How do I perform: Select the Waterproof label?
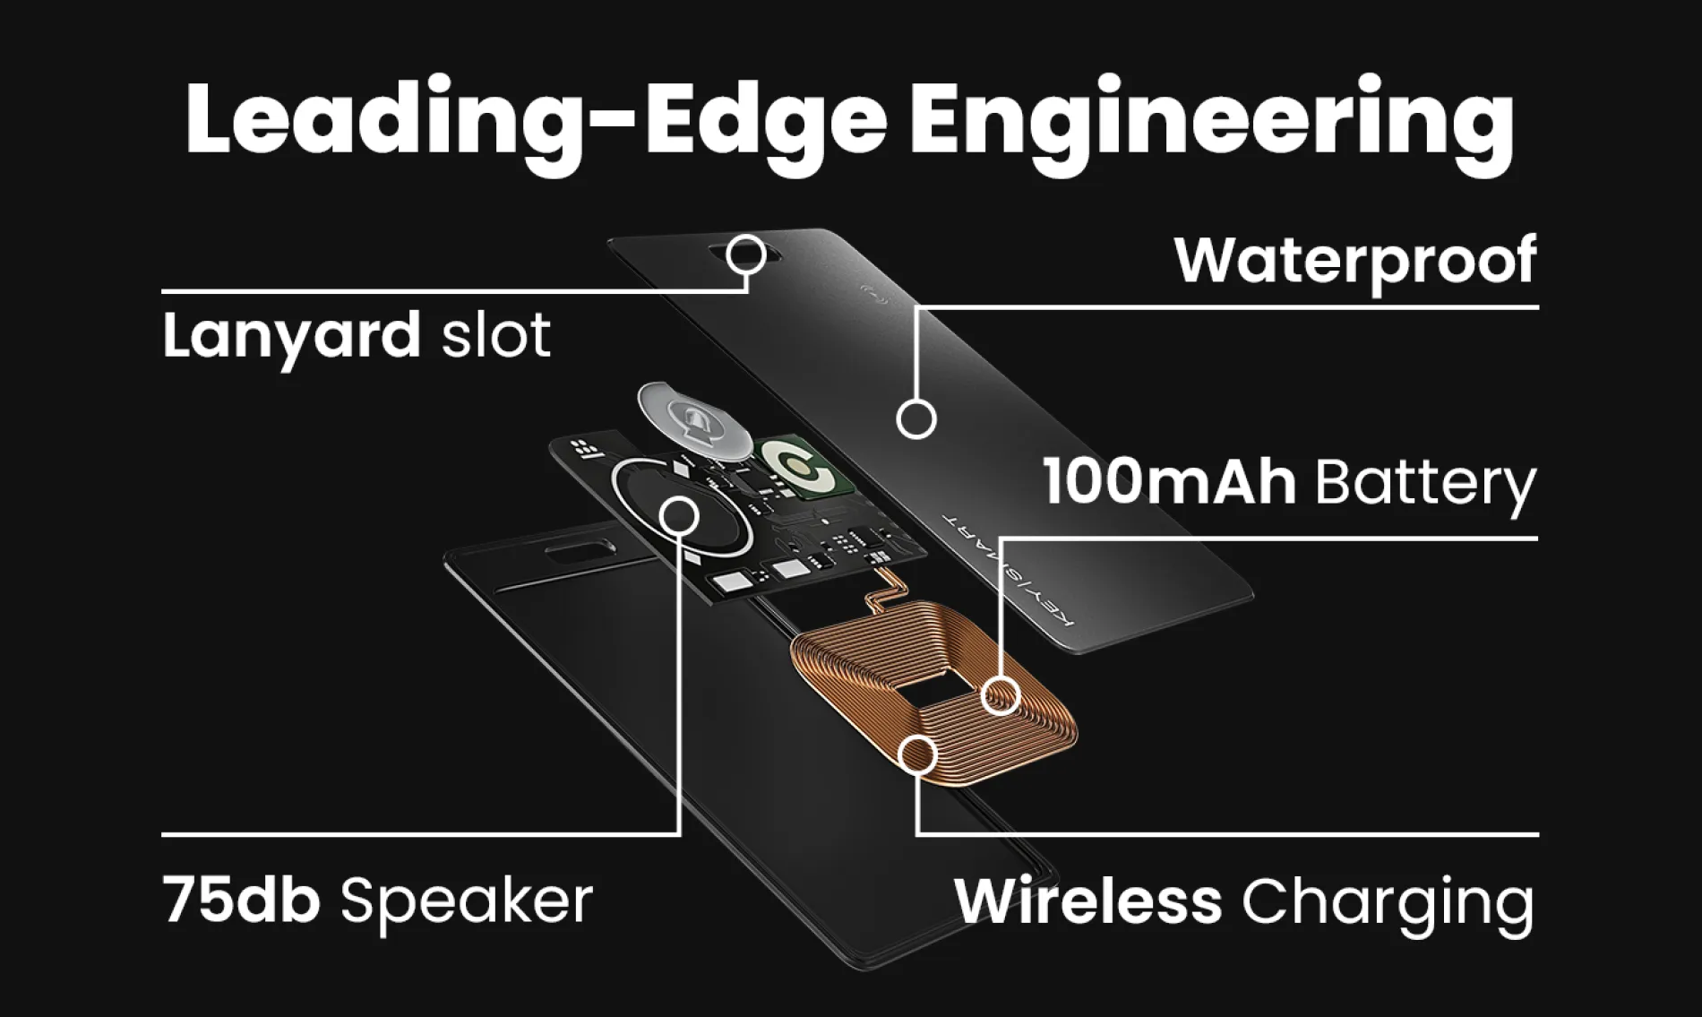coord(1355,261)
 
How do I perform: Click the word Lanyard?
coord(291,337)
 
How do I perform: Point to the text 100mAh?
coord(1168,483)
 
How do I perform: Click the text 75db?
coord(242,900)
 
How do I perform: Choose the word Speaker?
coord(467,901)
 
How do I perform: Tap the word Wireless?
coord(1087,901)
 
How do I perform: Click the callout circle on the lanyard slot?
coord(746,255)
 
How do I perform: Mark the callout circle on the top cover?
coord(916,418)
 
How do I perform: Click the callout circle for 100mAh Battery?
coord(1001,695)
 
